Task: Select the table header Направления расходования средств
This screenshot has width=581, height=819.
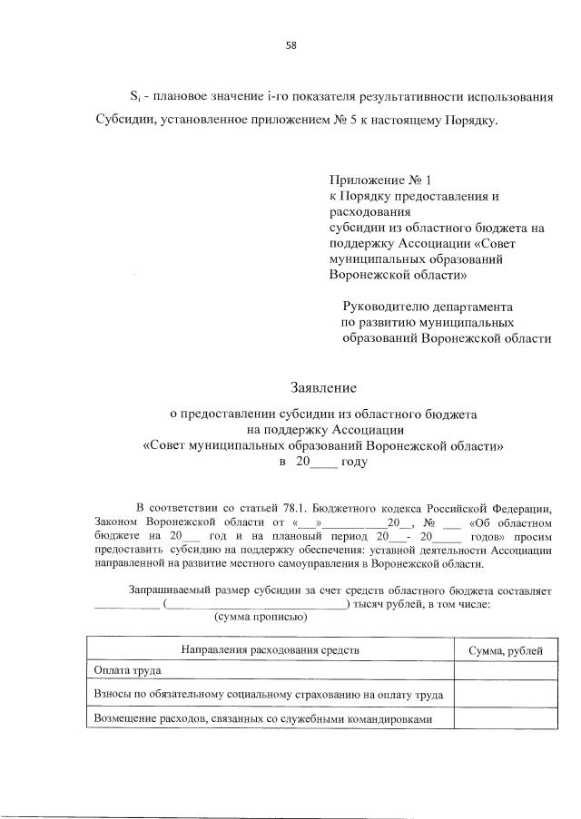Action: tap(271, 649)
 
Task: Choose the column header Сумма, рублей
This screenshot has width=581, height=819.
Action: tap(506, 649)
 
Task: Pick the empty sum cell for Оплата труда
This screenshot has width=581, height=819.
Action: tap(506, 672)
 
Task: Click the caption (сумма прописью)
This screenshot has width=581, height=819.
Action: tap(261, 618)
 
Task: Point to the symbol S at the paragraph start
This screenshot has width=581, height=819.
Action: tap(133, 95)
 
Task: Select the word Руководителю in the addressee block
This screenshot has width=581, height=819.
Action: tap(383, 307)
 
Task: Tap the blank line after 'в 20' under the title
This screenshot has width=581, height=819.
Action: tap(324, 463)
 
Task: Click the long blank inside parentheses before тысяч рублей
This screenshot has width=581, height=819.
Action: tap(256, 604)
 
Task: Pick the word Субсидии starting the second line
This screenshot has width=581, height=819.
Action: tap(126, 121)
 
